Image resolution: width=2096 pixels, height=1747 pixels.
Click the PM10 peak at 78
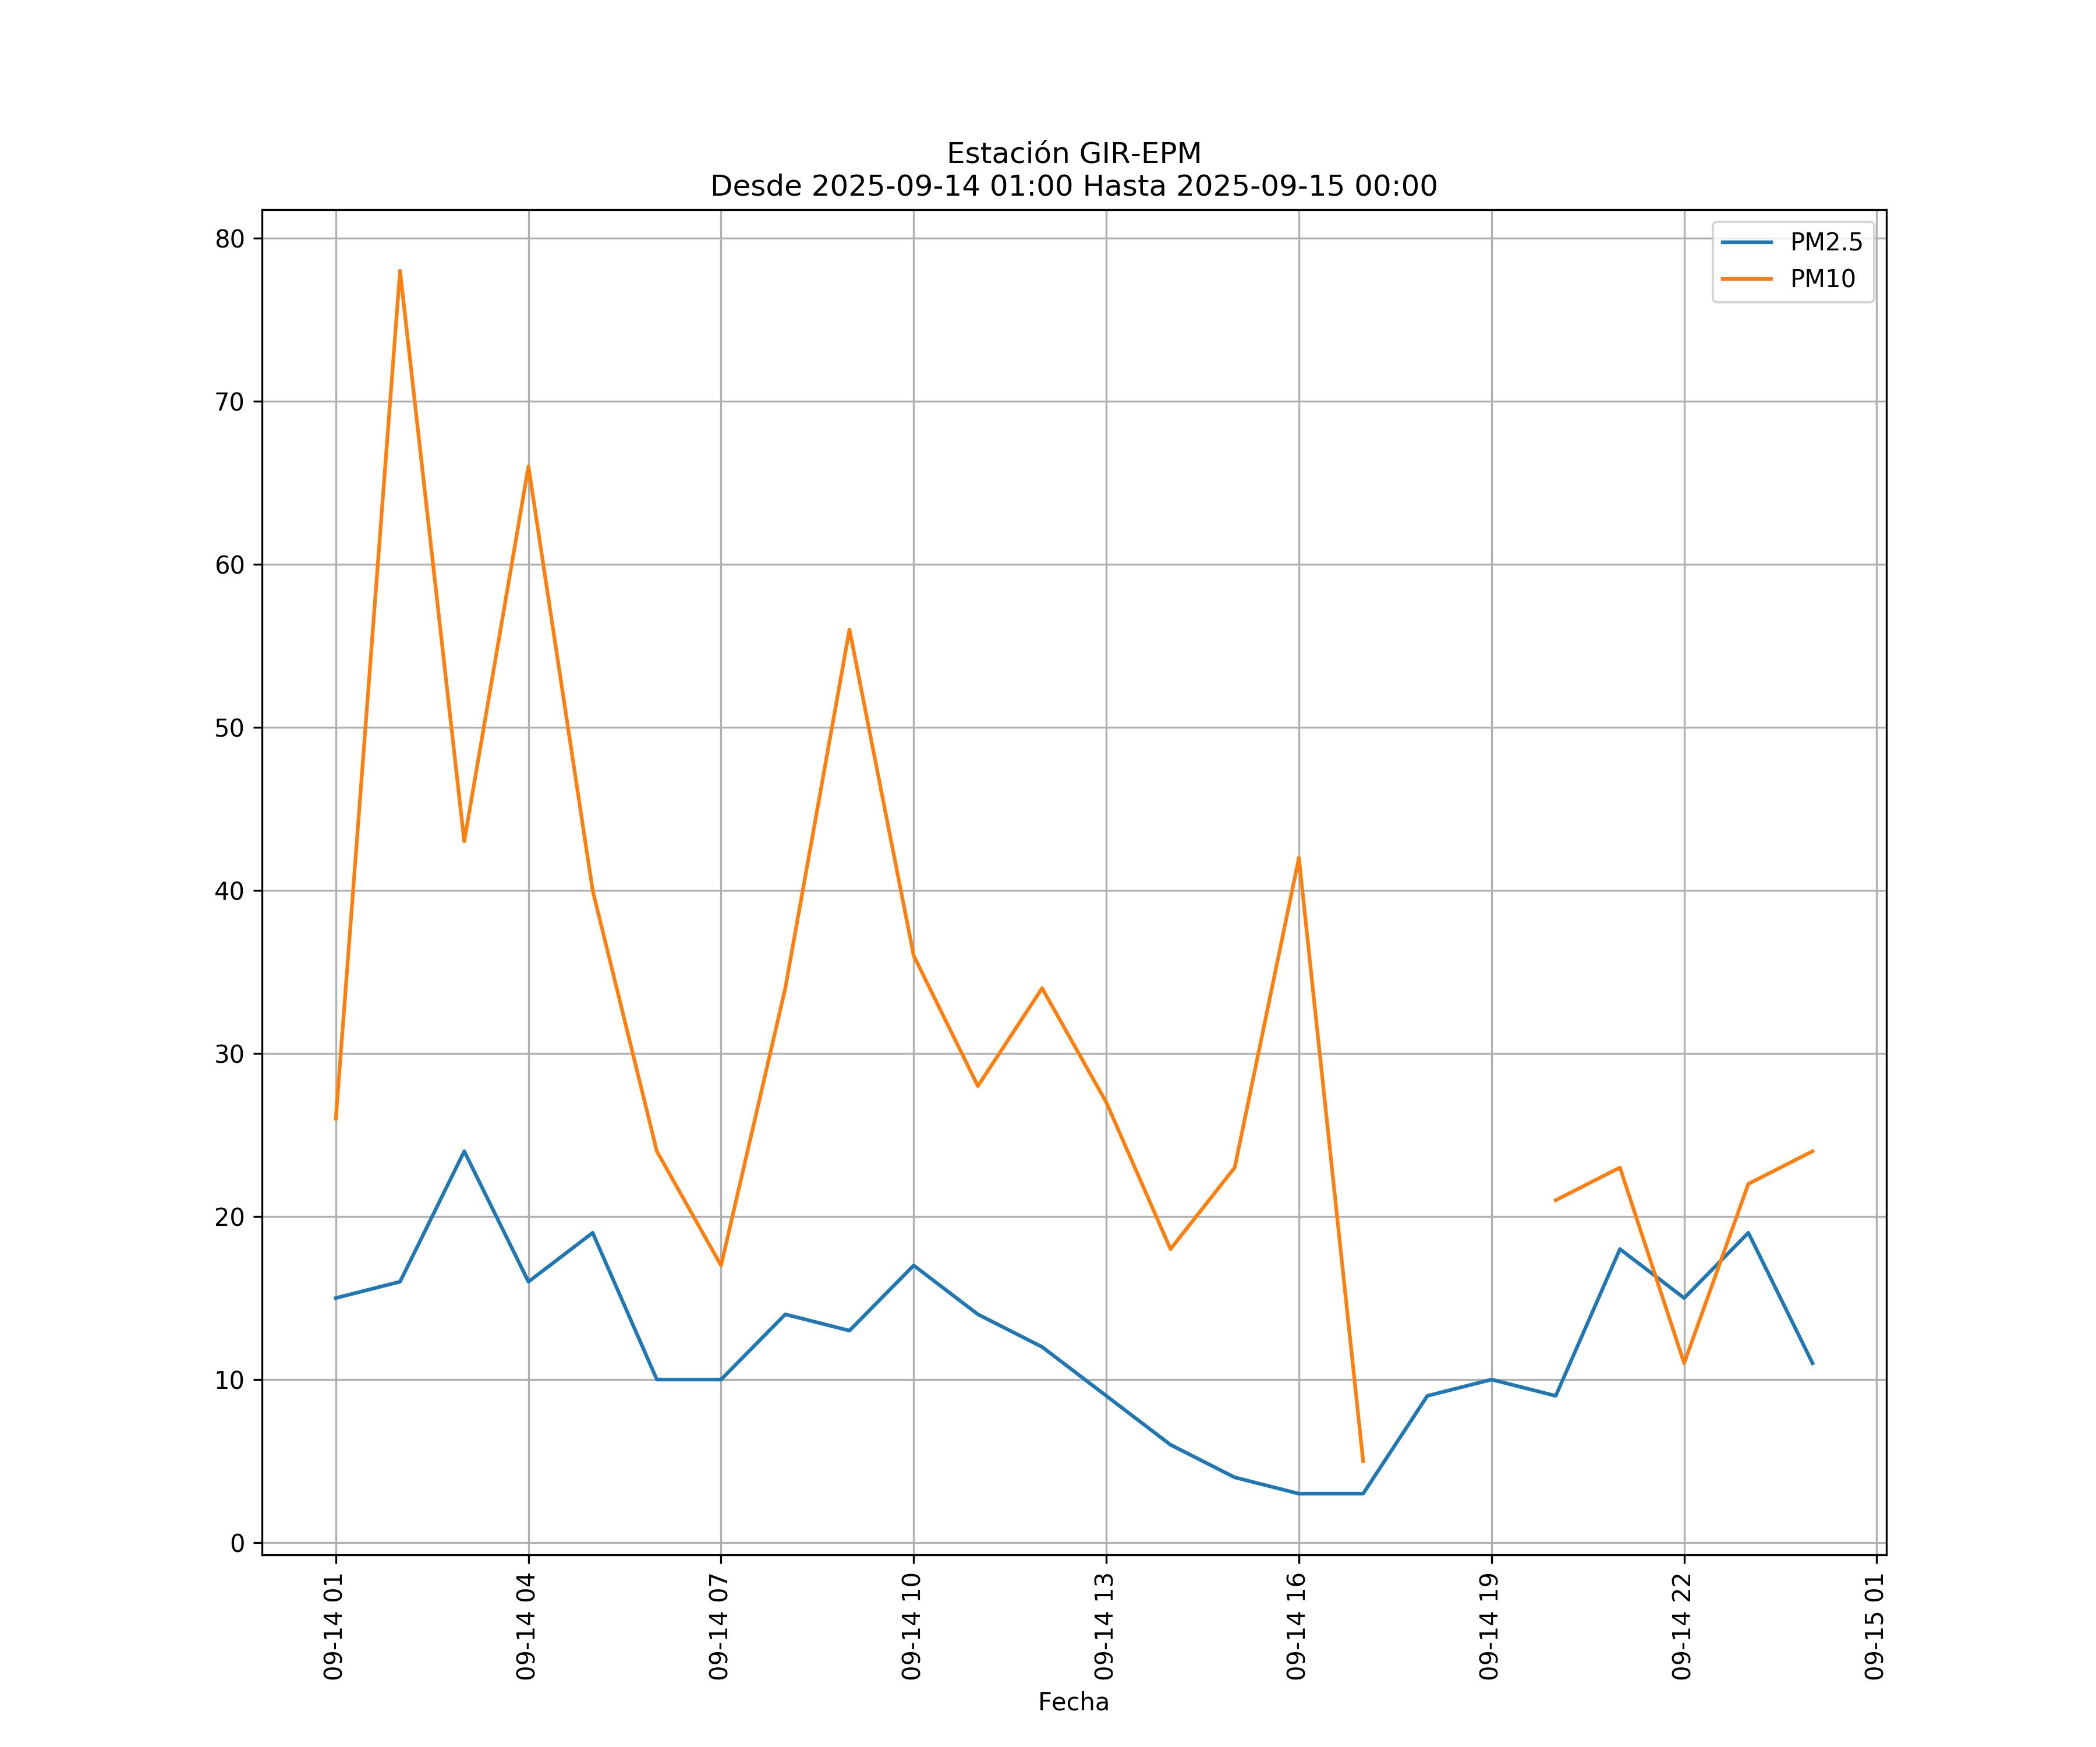[x=399, y=271]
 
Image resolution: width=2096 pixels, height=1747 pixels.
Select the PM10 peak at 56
[x=849, y=629]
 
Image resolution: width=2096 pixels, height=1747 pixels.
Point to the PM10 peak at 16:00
[x=1298, y=858]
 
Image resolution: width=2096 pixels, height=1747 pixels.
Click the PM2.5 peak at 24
[x=464, y=1151]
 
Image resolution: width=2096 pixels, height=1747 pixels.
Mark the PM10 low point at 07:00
[x=721, y=1265]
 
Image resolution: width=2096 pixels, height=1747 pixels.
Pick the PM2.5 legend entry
[x=1825, y=243]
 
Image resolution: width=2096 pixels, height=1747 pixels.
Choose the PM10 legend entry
[x=1822, y=280]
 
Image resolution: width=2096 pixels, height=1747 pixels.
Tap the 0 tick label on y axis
[x=238, y=1543]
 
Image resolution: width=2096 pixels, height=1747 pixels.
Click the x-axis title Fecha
[x=1073, y=1702]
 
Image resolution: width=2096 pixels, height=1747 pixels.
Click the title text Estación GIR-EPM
[x=1074, y=154]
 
